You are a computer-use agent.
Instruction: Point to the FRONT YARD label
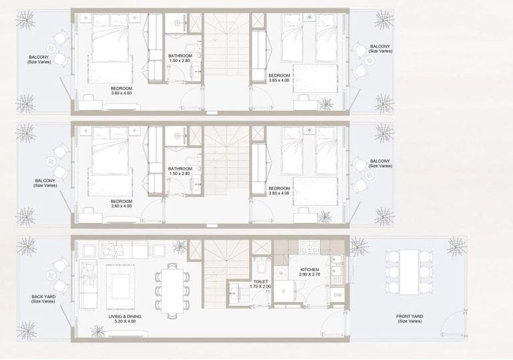pos(409,319)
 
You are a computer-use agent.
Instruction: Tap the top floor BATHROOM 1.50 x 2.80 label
pos(180,59)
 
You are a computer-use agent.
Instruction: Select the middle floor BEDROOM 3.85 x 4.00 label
pos(279,191)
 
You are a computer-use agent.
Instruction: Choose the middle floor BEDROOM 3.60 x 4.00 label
pos(122,203)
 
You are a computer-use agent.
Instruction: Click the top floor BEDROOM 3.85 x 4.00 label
pos(279,78)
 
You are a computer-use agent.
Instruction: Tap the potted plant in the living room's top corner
pos(179,246)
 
